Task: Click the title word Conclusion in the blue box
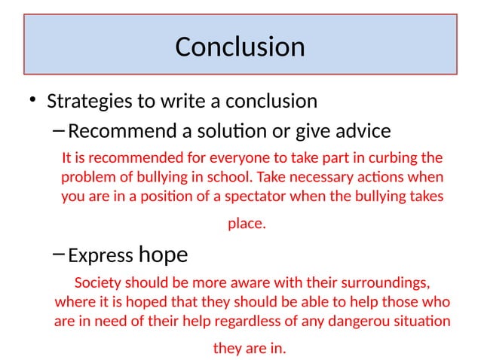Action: [240, 47]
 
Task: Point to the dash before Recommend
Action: [60, 131]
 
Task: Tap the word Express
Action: [101, 256]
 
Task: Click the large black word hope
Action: [164, 255]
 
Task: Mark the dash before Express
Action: [60, 255]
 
